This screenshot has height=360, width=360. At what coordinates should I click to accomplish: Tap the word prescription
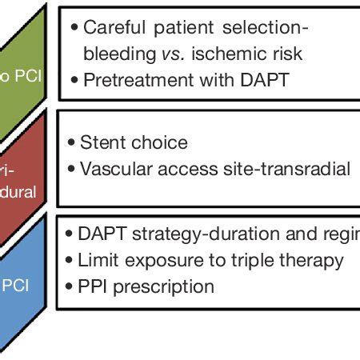pyautogui.click(x=164, y=286)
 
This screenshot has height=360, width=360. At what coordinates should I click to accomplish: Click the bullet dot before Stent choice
pyautogui.click(x=73, y=144)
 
